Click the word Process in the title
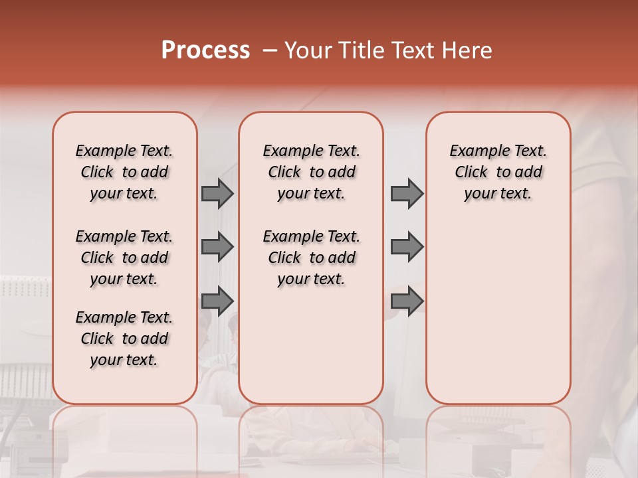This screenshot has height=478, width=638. coord(205,50)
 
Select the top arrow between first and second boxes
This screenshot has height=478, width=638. coord(217,193)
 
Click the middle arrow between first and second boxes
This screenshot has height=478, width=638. coord(217,247)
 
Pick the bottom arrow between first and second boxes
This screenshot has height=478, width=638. coord(217,301)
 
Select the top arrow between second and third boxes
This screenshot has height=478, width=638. coord(407,193)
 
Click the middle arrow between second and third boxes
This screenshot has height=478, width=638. coord(407,247)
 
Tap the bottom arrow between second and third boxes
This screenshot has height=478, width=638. coord(407,301)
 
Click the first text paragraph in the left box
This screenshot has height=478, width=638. coord(124,172)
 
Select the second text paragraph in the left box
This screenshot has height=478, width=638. coord(124,258)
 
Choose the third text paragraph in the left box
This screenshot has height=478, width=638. coord(124,339)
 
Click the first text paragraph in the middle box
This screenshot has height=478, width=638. coord(311,172)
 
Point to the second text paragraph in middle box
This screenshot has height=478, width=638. coord(311,258)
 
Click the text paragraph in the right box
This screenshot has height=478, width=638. coord(498,172)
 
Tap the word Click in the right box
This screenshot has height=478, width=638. coord(471,173)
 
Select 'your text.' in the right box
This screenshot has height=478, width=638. coord(498,194)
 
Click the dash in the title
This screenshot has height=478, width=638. coord(270,50)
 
